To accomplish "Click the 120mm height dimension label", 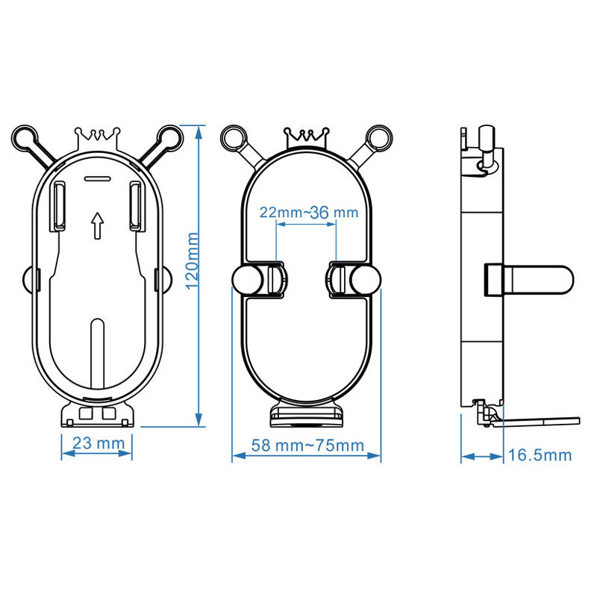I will [x=193, y=261].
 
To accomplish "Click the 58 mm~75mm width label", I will [x=307, y=446].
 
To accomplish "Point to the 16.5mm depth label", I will [x=540, y=454].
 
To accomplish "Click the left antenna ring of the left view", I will [x=24, y=139].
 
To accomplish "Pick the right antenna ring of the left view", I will [x=171, y=138].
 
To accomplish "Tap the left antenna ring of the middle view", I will [x=234, y=137].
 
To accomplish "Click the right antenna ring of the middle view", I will [x=378, y=137].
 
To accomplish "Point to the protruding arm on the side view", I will [x=530, y=278].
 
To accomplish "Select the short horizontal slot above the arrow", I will [x=97, y=179].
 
